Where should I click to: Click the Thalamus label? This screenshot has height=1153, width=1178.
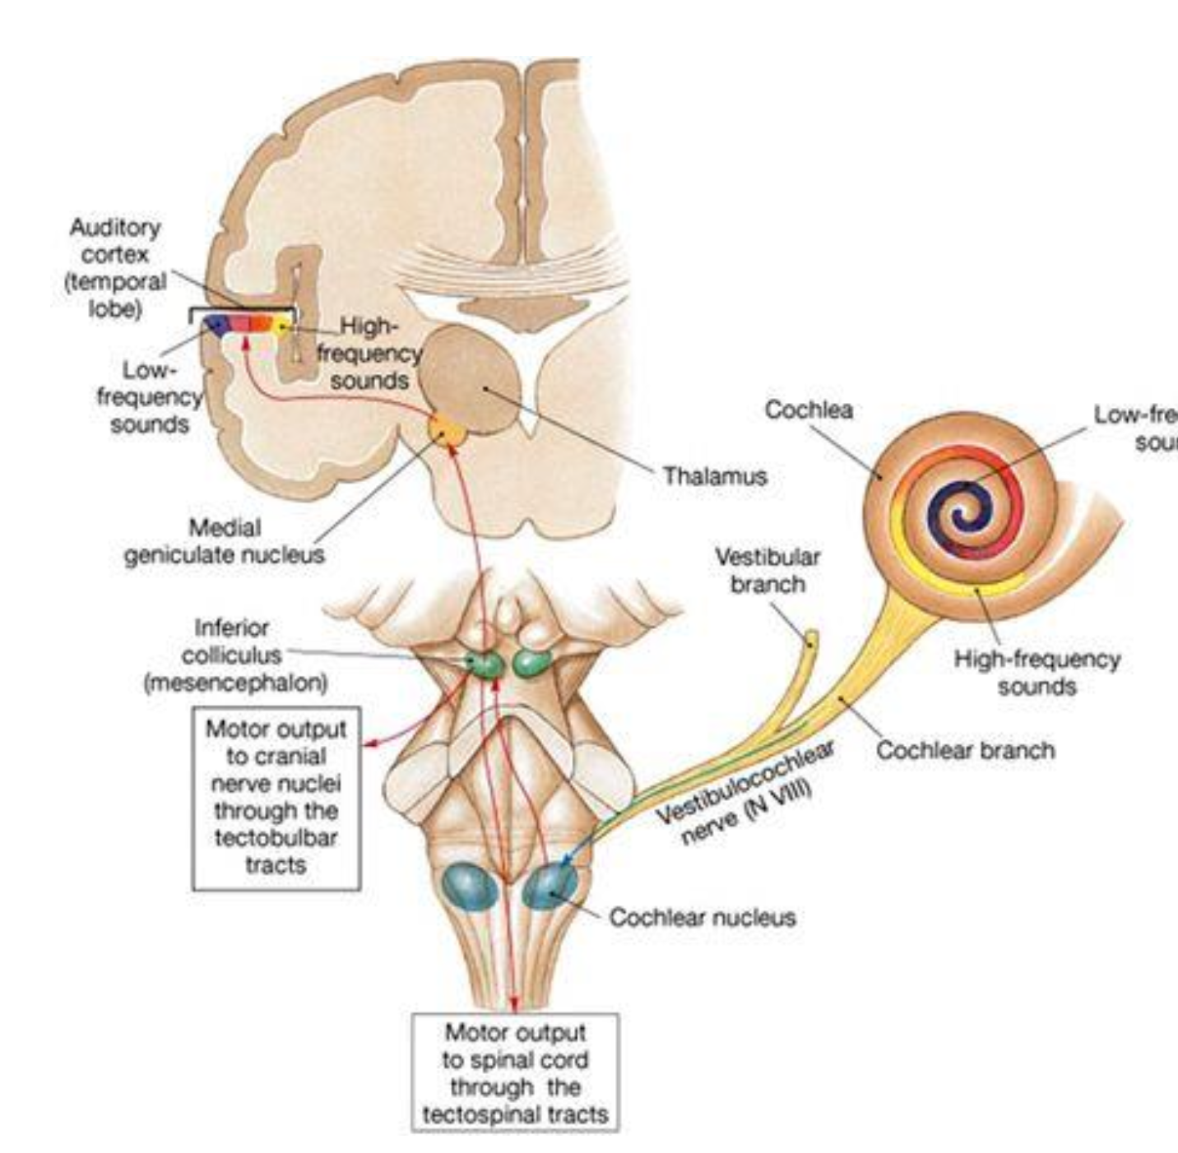pyautogui.click(x=714, y=476)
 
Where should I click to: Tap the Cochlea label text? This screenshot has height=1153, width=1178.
pyautogui.click(x=808, y=410)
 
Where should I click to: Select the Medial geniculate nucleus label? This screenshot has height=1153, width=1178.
pyautogui.click(x=224, y=541)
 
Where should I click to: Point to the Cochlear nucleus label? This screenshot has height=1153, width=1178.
pyautogui.click(x=702, y=917)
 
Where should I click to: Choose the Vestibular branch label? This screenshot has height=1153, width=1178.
pyautogui.click(x=767, y=570)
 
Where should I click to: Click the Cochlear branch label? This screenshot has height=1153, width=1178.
pyautogui.click(x=965, y=750)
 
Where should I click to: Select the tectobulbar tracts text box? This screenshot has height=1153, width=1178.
pyautogui.click(x=276, y=797)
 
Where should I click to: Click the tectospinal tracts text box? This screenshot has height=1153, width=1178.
pyautogui.click(x=515, y=1073)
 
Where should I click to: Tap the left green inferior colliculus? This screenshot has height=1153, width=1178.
pyautogui.click(x=485, y=663)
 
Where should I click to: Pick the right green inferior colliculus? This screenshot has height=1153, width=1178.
pyautogui.click(x=532, y=663)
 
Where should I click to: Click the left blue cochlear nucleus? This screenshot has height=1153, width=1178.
pyautogui.click(x=470, y=887)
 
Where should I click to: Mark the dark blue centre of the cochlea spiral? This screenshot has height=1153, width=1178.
pyautogui.click(x=959, y=517)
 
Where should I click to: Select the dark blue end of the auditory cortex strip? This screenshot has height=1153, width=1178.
pyautogui.click(x=217, y=323)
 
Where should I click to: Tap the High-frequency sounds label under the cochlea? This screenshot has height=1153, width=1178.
pyautogui.click(x=1037, y=672)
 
